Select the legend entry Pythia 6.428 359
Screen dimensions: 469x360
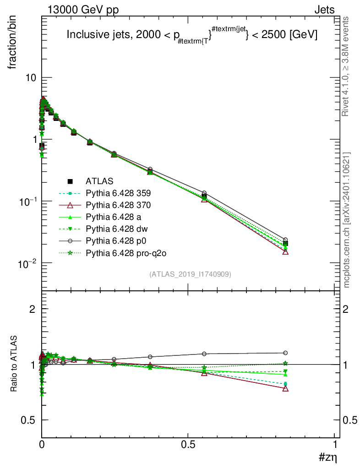tap(118, 193)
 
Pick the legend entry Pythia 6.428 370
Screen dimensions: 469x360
tap(118, 205)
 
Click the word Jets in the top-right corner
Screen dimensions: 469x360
tap(324, 10)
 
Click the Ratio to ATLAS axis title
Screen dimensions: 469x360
tap(14, 364)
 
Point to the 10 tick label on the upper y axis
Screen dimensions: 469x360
tap(31, 78)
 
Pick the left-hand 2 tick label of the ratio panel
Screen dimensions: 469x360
tap(33, 309)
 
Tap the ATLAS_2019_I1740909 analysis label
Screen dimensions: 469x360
tap(190, 274)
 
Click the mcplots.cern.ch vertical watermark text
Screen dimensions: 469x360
tap(347, 220)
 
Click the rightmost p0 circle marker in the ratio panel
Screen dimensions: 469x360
tap(285, 353)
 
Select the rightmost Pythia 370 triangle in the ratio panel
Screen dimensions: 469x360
tap(285, 388)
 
